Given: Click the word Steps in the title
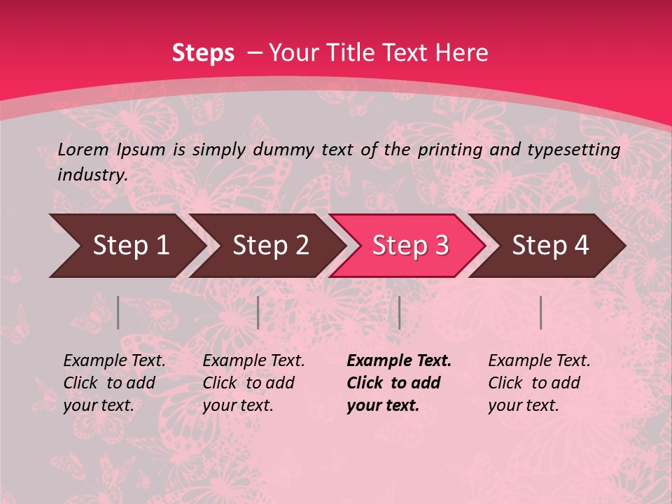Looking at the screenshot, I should coord(203,52).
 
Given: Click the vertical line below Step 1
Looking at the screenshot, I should coord(118,312).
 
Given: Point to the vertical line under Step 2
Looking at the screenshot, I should coord(258,312).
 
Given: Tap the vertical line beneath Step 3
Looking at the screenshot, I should coord(399,312).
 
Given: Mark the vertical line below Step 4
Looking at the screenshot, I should coord(540,312).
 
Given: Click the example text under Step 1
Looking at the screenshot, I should coord(114,383).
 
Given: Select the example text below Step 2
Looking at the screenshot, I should coord(253,383).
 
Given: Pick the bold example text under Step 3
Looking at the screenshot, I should coord(399,383).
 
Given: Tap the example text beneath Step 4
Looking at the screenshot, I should coord(539,383).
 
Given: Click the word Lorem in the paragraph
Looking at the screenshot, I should coord(83,149).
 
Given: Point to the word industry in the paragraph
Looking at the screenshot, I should coord(92,175).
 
